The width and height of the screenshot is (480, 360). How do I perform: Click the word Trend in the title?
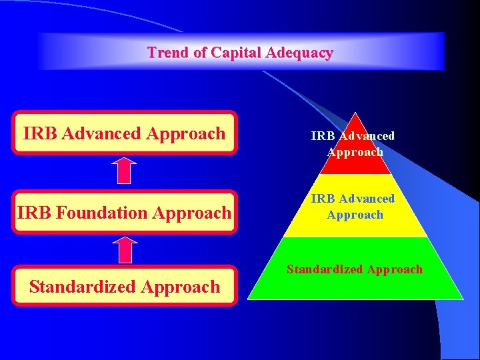point(168,53)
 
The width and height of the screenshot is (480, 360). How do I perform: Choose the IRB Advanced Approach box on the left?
point(125,133)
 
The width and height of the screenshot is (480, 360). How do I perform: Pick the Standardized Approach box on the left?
point(125,287)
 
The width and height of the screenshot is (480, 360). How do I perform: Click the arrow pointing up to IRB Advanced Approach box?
point(124,171)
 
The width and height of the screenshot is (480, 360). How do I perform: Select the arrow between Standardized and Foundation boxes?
point(124,251)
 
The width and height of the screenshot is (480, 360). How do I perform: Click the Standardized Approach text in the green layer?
point(355,269)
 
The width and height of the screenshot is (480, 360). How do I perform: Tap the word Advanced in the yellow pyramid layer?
point(366,199)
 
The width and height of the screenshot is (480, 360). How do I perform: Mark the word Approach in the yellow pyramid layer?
point(355,215)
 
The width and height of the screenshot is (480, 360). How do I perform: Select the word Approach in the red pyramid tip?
point(355,152)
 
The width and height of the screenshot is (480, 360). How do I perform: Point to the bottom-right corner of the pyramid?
point(463,299)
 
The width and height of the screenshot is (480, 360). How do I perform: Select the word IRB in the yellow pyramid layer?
point(323,199)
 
